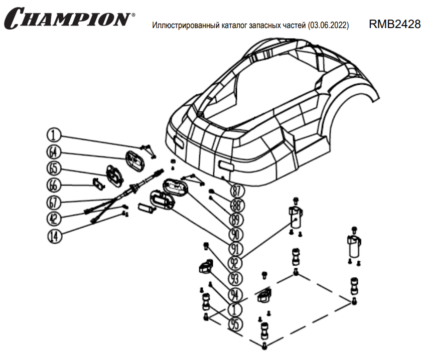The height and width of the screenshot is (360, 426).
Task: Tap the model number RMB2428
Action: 394,25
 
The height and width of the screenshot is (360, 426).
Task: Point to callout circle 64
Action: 54,151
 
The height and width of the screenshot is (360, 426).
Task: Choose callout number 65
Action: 54,168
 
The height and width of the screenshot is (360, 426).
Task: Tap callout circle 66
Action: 54,185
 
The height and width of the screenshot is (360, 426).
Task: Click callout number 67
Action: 54,202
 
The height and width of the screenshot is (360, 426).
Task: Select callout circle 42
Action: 54,219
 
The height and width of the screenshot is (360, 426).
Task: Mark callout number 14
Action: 54,235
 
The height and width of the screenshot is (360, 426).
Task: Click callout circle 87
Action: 237,191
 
